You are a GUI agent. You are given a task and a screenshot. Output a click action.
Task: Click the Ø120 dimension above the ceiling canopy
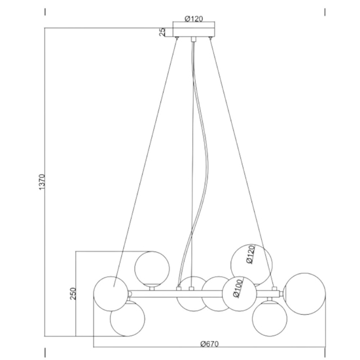(x=194, y=19)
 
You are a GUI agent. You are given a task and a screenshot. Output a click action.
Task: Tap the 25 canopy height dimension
(x=162, y=32)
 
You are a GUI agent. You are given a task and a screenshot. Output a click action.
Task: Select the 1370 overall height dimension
(x=43, y=182)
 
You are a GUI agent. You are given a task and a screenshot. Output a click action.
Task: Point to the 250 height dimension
(x=73, y=293)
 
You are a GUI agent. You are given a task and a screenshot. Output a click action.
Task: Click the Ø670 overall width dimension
(x=209, y=344)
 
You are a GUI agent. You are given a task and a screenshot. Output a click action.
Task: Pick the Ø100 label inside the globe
(x=238, y=289)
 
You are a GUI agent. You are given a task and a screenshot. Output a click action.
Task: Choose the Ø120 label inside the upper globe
(x=250, y=255)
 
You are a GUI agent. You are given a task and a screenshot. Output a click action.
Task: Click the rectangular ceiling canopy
(x=194, y=32)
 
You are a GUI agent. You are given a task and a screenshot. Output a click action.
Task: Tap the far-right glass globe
(x=304, y=294)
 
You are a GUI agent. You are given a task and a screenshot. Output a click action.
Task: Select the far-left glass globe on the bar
(x=111, y=294)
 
